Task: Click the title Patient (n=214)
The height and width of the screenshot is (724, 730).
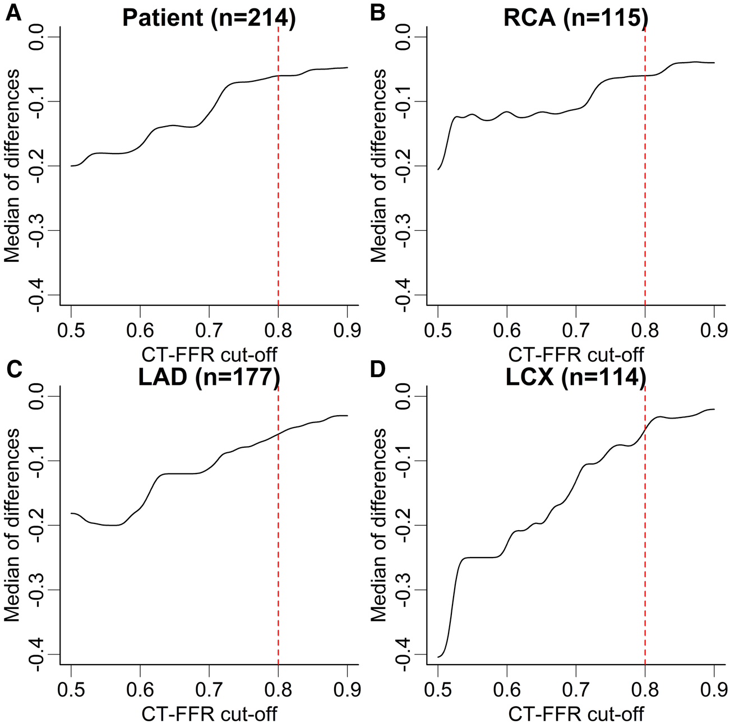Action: (208, 18)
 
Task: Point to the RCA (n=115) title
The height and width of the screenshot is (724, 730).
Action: (575, 18)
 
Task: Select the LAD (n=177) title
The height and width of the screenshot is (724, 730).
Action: (209, 378)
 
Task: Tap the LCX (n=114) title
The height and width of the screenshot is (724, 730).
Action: (575, 378)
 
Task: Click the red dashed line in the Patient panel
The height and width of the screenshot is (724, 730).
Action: (278, 168)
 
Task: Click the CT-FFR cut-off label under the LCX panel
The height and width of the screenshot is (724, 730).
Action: (576, 713)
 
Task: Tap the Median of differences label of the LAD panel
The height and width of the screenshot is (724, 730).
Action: (12, 526)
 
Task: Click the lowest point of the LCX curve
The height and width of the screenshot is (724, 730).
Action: (438, 657)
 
